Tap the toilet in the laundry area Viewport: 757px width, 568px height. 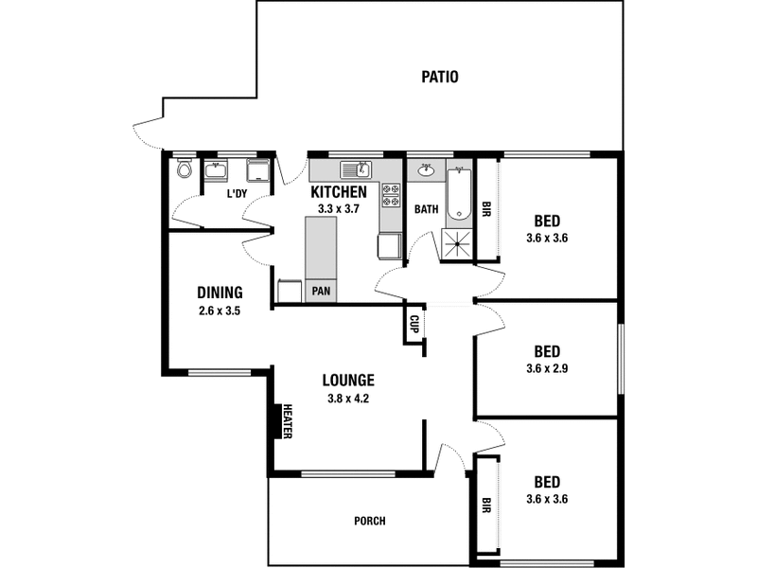185,169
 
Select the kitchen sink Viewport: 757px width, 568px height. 357,169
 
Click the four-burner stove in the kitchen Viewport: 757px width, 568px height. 391,194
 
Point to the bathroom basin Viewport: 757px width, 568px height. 426,170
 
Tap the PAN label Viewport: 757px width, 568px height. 321,292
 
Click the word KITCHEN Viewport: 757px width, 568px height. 338,192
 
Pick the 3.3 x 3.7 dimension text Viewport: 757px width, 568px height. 338,209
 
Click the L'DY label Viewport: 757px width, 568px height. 237,194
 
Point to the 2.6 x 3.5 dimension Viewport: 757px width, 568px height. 220,310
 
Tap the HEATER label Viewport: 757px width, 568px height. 284,422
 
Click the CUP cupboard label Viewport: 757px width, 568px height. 414,324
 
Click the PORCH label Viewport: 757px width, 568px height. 370,521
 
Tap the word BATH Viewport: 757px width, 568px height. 426,209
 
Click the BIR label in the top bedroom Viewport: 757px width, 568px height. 486,209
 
